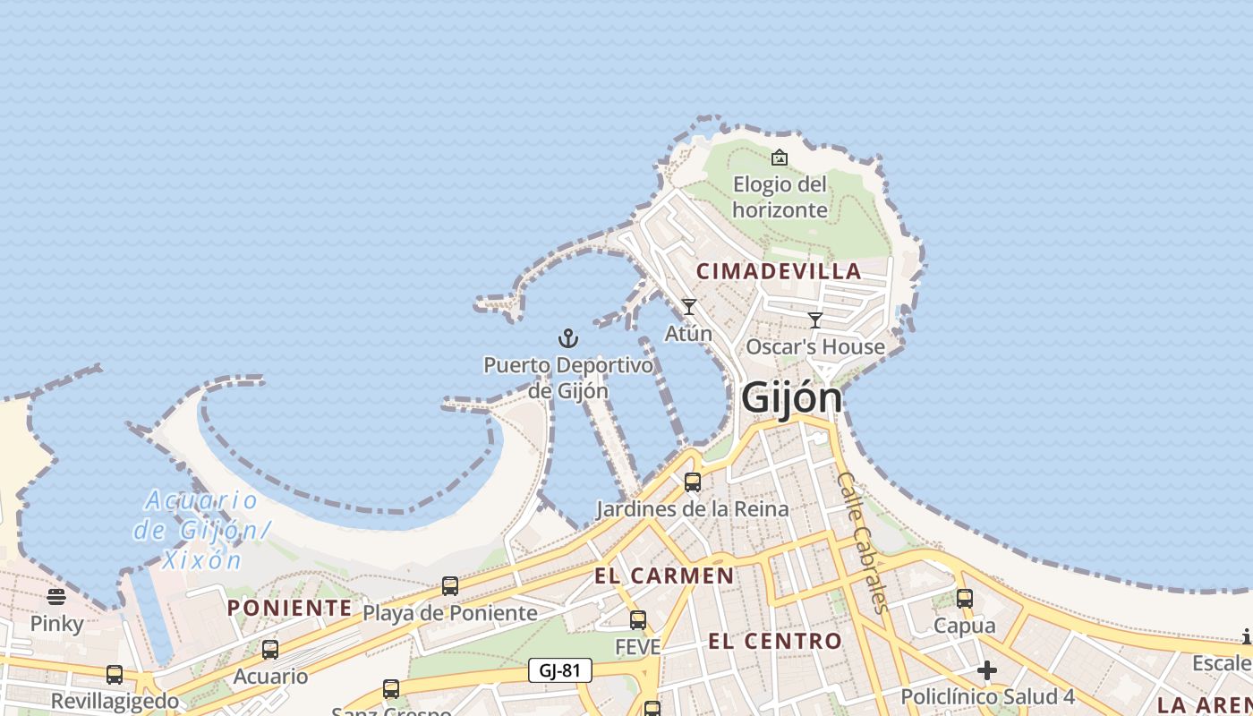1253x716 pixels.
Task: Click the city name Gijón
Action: pyautogui.click(x=792, y=398)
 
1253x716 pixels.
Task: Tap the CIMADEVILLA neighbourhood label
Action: pyautogui.click(x=779, y=271)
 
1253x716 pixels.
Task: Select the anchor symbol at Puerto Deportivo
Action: pyautogui.click(x=568, y=338)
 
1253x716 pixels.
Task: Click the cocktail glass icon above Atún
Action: pyautogui.click(x=689, y=307)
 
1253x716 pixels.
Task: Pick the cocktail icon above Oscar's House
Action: pyautogui.click(x=815, y=320)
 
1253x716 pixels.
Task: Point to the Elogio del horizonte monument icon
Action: pyautogui.click(x=780, y=158)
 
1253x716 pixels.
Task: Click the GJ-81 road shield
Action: pyautogui.click(x=560, y=670)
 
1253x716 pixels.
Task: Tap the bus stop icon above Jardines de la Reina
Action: pyautogui.click(x=693, y=482)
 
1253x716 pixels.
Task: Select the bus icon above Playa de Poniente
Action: pyautogui.click(x=450, y=586)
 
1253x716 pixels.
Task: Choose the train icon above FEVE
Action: pyautogui.click(x=638, y=619)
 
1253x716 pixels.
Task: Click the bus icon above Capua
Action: pyautogui.click(x=965, y=599)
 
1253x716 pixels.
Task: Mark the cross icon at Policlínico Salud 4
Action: pyautogui.click(x=987, y=670)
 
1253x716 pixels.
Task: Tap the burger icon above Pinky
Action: pyautogui.click(x=56, y=596)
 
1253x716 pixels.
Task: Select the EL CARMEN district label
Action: pyautogui.click(x=664, y=575)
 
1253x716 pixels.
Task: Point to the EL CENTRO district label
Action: pyautogui.click(x=775, y=641)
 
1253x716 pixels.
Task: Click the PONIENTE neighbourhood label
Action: pyautogui.click(x=289, y=609)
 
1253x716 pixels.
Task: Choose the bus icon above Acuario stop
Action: pyautogui.click(x=270, y=650)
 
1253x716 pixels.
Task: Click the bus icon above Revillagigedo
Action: pyautogui.click(x=115, y=675)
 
